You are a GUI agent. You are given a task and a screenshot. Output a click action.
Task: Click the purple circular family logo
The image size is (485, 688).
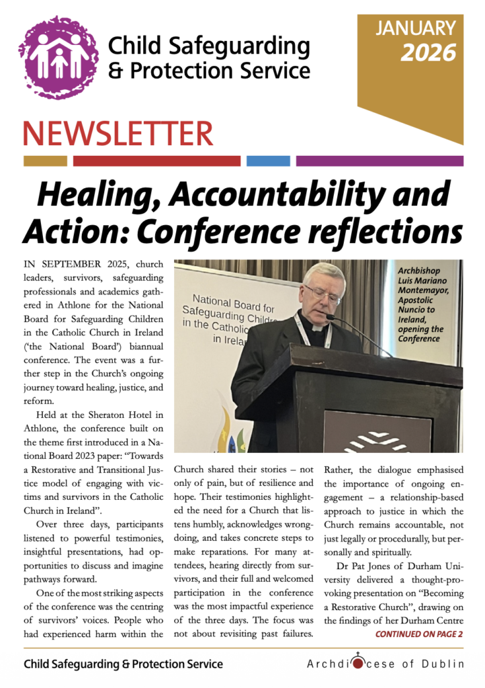59,57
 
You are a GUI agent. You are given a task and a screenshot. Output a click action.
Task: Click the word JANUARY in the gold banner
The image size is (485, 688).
416,28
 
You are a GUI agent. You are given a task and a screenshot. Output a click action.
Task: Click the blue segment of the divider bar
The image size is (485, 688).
268,161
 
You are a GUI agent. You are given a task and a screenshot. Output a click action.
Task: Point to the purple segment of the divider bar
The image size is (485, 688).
380,161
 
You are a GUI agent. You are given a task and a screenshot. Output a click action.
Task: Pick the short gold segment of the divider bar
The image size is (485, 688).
45,161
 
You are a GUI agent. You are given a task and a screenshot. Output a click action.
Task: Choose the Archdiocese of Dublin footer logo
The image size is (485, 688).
385,664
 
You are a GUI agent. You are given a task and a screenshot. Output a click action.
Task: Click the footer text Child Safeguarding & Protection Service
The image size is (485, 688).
123,664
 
